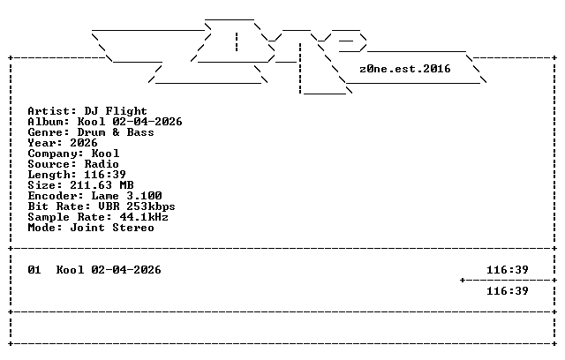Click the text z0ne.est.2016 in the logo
click(x=405, y=69)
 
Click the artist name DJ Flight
click(x=116, y=111)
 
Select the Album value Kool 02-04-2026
click(x=130, y=122)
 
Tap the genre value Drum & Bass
click(x=116, y=132)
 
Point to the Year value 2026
click(x=84, y=143)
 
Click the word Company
click(x=53, y=154)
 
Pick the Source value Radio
click(x=102, y=164)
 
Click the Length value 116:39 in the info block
click(x=105, y=175)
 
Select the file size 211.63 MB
click(x=102, y=185)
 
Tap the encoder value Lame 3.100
click(x=126, y=196)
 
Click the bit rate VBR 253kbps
click(x=137, y=206)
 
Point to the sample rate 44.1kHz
click(x=144, y=217)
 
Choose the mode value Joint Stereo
click(x=112, y=228)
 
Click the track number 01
click(x=34, y=270)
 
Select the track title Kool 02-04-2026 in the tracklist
click(x=109, y=270)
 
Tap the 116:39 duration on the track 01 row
click(x=508, y=270)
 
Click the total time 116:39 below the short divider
click(x=508, y=291)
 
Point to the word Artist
click(x=49, y=111)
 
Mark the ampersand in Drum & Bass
click(x=116, y=132)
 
